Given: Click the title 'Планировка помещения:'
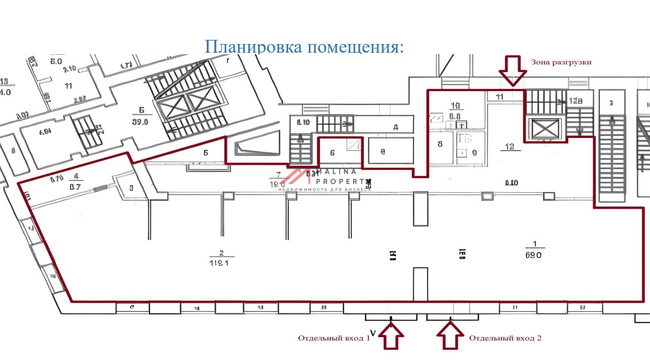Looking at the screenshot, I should point(304,47).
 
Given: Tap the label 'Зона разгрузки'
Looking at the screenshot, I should point(561,62).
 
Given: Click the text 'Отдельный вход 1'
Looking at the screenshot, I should point(334,338).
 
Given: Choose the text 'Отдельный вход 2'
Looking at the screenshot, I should point(505,338).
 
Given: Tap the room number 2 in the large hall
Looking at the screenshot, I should point(222,253).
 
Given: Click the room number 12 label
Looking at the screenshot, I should point(509,147).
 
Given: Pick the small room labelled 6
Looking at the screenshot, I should point(332,152).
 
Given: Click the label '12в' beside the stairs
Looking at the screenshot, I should point(575,101).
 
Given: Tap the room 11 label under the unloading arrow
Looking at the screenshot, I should point(500,96).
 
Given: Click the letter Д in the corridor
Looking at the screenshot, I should point(395,127).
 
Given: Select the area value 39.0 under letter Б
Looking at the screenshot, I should point(140,122).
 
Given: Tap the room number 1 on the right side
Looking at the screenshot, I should point(535,244).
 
